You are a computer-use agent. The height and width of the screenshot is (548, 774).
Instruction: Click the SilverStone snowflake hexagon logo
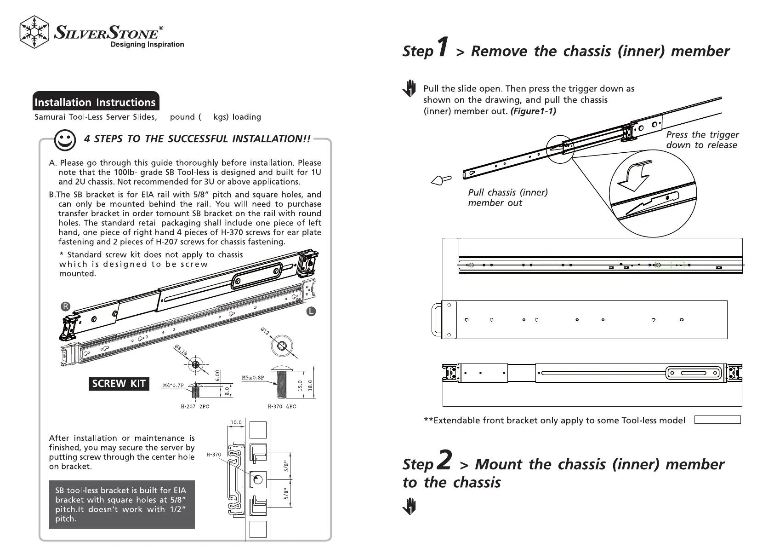(34, 32)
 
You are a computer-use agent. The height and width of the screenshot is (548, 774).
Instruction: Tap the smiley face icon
(65, 140)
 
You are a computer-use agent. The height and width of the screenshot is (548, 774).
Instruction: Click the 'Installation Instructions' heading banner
(96, 102)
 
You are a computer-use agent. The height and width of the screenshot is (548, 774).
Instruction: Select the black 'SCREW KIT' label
(119, 384)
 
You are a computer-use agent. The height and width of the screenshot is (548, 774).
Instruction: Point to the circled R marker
(66, 306)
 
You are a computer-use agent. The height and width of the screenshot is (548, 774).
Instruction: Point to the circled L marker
(311, 311)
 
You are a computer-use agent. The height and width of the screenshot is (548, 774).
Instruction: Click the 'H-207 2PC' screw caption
(194, 406)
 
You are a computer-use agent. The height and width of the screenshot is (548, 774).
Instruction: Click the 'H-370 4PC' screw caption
(282, 406)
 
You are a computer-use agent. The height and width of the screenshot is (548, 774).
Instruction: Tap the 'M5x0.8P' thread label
(253, 378)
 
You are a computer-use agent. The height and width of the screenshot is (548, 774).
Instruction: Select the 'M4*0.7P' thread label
(173, 386)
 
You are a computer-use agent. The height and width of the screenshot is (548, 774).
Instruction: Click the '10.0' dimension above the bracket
(236, 422)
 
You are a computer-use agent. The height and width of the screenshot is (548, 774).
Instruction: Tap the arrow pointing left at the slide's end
(440, 180)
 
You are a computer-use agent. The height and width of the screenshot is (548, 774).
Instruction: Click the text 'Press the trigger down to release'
(702, 140)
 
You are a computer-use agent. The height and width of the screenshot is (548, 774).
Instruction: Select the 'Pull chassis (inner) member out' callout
(507, 197)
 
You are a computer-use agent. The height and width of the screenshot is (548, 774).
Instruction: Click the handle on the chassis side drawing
(436, 320)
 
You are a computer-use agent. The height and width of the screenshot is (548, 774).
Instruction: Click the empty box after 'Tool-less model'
(717, 420)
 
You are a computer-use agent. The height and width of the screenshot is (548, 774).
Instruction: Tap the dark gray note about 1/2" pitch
(122, 505)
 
